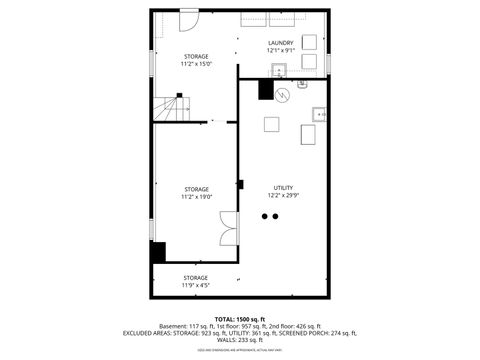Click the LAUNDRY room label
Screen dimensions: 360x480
click(x=281, y=43)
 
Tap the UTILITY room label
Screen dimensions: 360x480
click(x=284, y=188)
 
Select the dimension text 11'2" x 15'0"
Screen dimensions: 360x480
click(x=196, y=64)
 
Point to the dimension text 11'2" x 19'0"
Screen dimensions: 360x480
click(x=196, y=197)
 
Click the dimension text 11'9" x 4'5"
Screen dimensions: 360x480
click(x=196, y=286)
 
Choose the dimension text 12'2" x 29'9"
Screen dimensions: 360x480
click(x=284, y=197)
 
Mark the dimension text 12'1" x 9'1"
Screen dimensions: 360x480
click(x=281, y=51)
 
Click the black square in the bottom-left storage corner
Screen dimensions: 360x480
click(x=158, y=251)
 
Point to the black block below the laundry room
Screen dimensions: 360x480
click(x=266, y=90)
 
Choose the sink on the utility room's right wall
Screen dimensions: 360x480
click(x=321, y=114)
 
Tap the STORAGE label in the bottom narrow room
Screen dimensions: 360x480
click(x=196, y=277)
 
